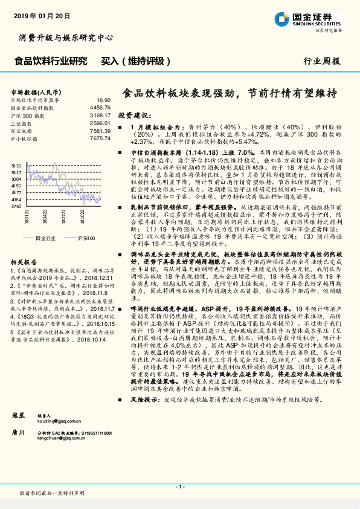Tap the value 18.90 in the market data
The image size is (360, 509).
[103, 100]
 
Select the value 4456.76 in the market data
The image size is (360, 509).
[99, 108]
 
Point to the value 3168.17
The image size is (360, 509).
[99, 115]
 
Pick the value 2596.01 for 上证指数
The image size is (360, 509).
[99, 123]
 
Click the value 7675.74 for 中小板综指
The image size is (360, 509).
[99, 138]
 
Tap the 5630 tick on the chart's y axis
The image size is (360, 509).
[16, 165]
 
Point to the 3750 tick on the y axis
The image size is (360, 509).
[16, 206]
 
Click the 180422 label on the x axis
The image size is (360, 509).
[45, 217]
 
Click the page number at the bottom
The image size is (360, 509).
[180, 487]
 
